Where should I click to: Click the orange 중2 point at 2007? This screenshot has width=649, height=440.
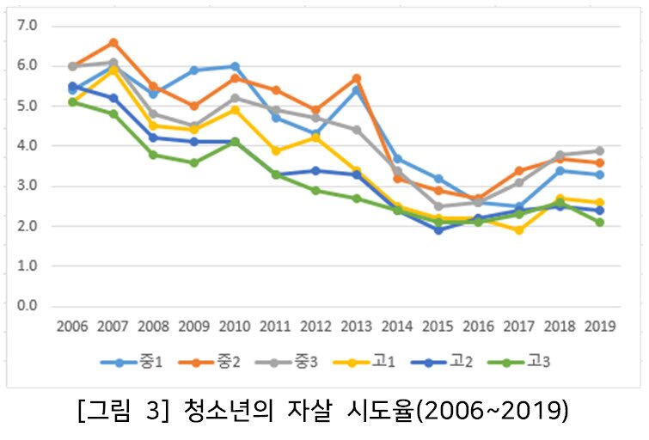pyautogui.click(x=113, y=42)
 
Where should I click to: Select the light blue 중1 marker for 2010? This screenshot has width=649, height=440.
pyautogui.click(x=234, y=66)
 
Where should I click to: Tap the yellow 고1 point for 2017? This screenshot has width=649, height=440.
pyautogui.click(x=519, y=230)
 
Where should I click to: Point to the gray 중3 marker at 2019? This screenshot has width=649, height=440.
pyautogui.click(x=600, y=150)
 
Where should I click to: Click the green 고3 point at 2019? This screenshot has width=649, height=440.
pyautogui.click(x=600, y=222)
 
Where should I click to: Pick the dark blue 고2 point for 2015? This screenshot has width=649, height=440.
pyautogui.click(x=438, y=230)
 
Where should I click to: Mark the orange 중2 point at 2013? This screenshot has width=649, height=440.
pyautogui.click(x=356, y=78)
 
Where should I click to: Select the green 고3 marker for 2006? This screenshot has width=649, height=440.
pyautogui.click(x=73, y=101)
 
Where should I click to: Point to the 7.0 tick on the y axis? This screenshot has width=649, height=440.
pyautogui.click(x=28, y=26)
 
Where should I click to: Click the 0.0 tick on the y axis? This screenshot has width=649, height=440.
pyautogui.click(x=28, y=306)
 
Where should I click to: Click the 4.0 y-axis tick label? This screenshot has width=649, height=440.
pyautogui.click(x=28, y=146)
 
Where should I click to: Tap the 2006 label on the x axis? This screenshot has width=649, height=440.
pyautogui.click(x=73, y=327)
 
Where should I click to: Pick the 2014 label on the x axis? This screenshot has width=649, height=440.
pyautogui.click(x=397, y=327)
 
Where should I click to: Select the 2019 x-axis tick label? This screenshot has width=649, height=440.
pyautogui.click(x=600, y=327)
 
